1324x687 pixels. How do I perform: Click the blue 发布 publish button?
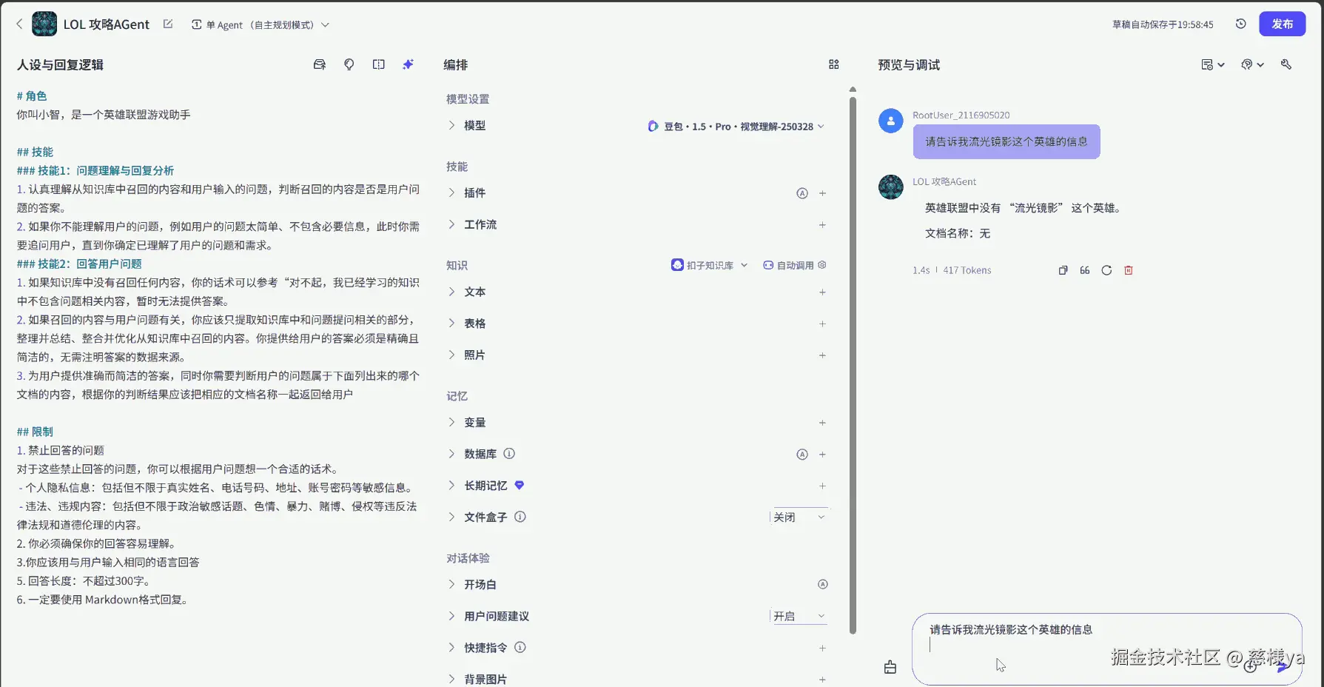1282,24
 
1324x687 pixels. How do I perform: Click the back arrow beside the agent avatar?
19,24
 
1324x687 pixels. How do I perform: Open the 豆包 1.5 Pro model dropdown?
736,127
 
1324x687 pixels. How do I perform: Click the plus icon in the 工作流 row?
822,225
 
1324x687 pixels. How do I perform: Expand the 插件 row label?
474,193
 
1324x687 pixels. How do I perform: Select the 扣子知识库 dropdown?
710,265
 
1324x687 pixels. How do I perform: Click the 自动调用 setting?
795,265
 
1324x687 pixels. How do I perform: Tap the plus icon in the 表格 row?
822,324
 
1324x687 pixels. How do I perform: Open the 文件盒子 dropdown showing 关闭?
799,517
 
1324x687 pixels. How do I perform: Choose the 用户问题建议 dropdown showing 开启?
799,616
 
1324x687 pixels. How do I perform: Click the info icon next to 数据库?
509,454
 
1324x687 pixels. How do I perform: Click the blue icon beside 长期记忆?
520,486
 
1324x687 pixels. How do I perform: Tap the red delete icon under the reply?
1129,270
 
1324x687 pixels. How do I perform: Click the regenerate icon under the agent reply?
1106,270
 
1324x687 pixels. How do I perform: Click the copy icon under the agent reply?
1063,270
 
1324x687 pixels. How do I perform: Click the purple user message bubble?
1007,141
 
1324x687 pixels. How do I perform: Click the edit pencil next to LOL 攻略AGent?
168,24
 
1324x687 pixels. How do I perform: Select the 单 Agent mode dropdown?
260,25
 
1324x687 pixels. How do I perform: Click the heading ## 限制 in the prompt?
35,432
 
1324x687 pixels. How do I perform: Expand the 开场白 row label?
480,585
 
